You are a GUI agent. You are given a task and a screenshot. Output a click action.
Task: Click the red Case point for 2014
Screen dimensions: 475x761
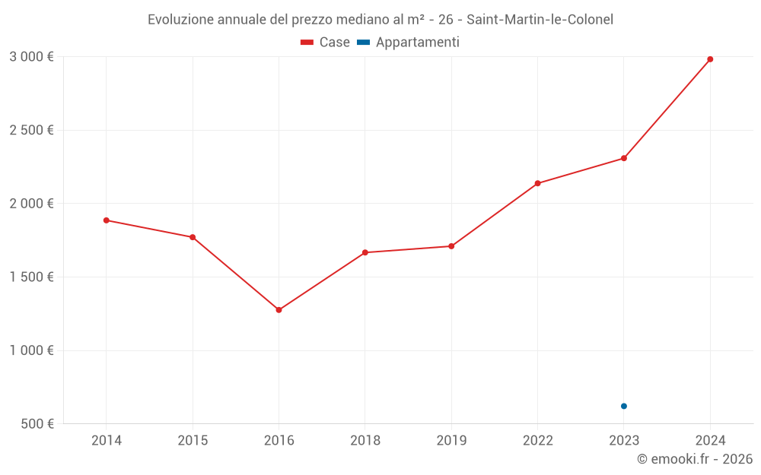tap(107, 220)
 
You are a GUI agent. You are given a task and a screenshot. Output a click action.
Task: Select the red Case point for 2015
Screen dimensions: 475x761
tap(193, 237)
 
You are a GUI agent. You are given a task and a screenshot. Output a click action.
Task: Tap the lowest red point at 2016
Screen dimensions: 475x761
tap(279, 310)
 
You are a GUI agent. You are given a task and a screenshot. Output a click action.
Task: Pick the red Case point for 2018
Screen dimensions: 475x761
tap(365, 252)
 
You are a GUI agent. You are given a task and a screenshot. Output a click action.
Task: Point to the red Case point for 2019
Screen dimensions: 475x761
tap(451, 246)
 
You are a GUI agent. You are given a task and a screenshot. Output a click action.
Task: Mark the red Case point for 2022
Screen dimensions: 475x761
tap(537, 183)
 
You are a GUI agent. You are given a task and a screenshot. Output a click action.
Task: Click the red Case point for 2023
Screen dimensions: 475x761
tap(624, 158)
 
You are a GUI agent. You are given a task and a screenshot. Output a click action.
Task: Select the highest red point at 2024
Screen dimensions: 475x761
tap(710, 59)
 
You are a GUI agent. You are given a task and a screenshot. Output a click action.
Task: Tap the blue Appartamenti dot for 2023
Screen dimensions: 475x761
tap(624, 406)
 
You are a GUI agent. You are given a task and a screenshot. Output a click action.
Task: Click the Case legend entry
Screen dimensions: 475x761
tap(326, 43)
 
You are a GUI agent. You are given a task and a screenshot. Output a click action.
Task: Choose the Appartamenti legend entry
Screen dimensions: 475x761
tap(409, 43)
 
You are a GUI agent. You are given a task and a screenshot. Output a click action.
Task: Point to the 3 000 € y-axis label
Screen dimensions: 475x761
tap(31, 56)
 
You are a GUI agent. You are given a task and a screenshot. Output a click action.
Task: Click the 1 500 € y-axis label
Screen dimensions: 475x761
tap(31, 277)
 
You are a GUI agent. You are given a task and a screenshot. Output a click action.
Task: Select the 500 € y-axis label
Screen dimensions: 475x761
tap(37, 424)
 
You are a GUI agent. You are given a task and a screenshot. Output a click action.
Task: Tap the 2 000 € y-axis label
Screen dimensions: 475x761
tap(31, 204)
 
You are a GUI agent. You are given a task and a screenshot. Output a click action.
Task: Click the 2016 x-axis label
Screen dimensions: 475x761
tap(279, 440)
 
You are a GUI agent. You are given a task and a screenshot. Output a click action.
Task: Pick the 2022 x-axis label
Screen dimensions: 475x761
tap(537, 440)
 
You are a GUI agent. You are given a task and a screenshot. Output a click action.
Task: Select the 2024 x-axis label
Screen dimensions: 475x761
tap(710, 440)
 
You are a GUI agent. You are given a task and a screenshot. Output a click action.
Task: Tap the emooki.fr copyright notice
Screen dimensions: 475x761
tap(695, 459)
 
